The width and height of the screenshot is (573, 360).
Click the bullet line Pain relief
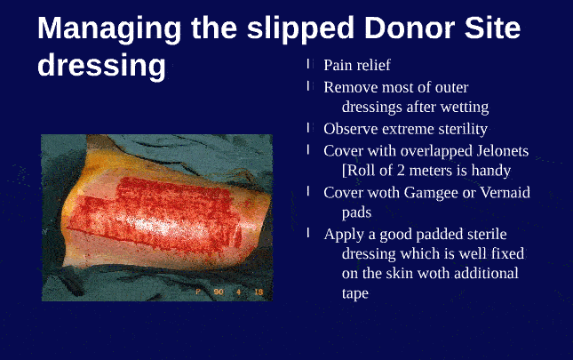point(356,65)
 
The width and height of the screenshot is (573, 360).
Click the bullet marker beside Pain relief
point(309,64)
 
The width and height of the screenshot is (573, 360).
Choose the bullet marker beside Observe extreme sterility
point(309,127)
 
